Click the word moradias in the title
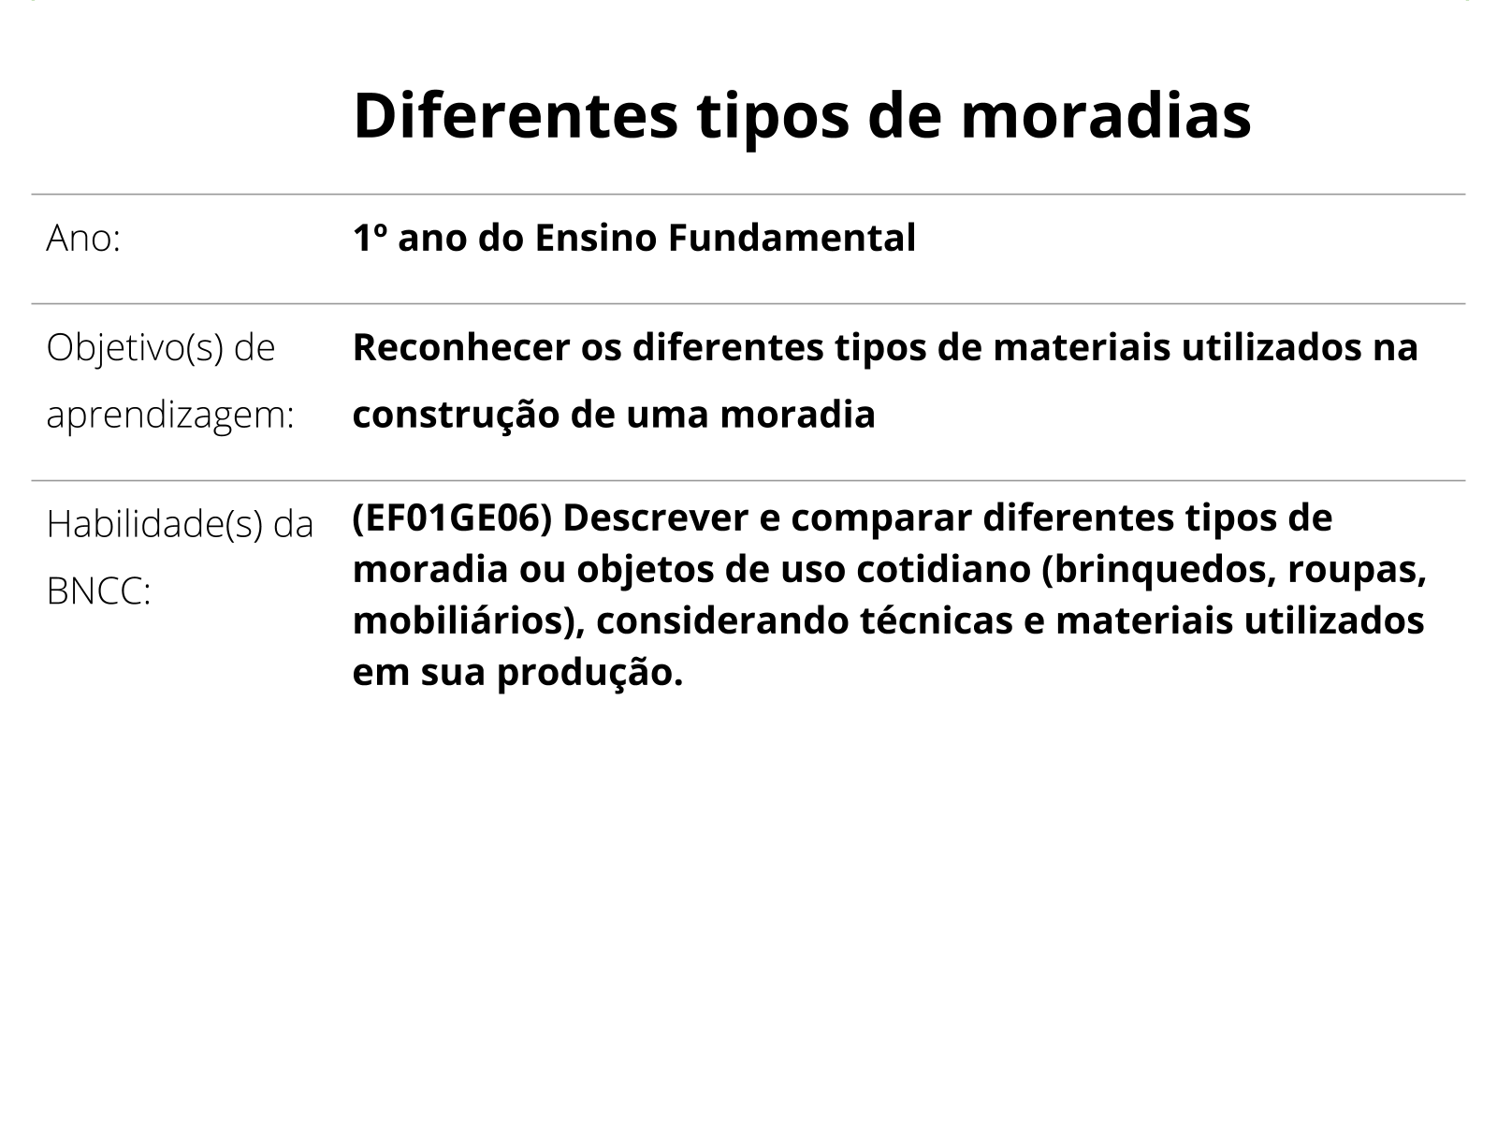click(x=1106, y=116)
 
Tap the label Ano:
click(x=83, y=240)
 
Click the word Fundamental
click(x=792, y=238)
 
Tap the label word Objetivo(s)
click(x=135, y=348)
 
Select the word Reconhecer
click(x=461, y=347)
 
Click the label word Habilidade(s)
click(x=154, y=524)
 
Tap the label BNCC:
click(x=99, y=591)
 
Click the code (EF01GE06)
click(x=452, y=518)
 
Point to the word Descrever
click(x=656, y=518)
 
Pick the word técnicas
click(x=937, y=620)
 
